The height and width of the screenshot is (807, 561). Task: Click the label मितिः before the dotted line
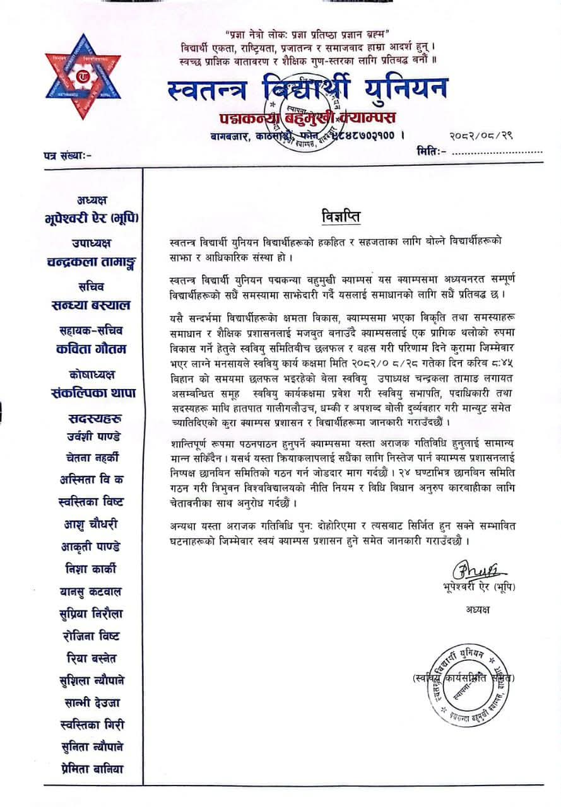432,151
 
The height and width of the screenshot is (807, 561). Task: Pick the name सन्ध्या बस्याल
91,305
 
